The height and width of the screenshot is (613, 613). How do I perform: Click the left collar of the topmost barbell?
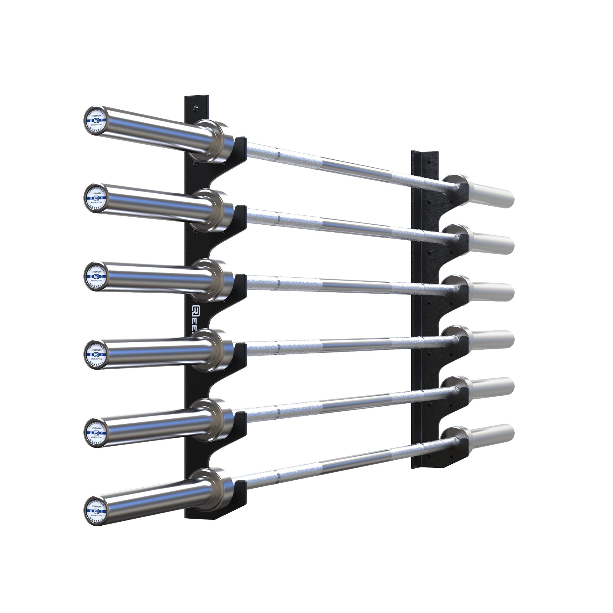pos(211,141)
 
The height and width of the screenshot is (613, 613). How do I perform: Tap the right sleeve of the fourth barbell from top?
pos(492,340)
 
